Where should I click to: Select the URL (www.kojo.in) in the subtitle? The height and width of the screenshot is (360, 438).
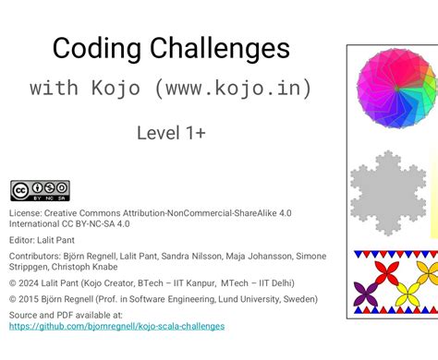233,89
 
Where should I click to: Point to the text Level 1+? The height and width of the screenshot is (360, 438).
171,133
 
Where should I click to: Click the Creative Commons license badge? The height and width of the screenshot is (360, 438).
40,191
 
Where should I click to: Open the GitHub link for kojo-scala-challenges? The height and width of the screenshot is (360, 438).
116,326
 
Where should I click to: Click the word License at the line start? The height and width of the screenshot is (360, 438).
25,212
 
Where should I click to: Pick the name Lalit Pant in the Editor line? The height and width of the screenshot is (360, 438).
63,240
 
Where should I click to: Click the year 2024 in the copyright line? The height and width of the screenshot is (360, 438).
33,284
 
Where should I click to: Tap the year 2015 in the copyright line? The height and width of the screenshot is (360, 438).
33,299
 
